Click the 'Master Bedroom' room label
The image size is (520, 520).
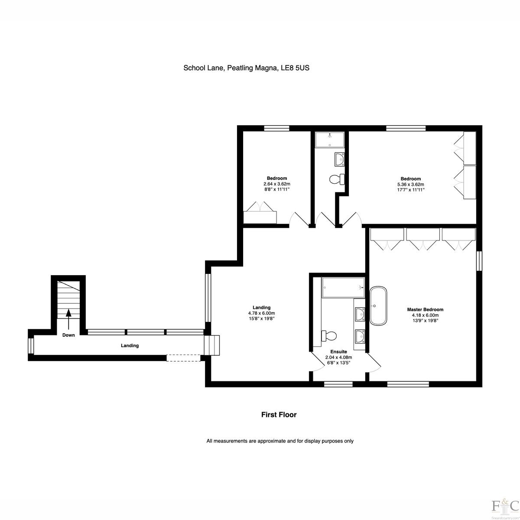425,309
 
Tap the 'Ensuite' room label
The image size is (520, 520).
339,351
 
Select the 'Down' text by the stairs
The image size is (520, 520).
68,335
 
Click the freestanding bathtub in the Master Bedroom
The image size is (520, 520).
378,305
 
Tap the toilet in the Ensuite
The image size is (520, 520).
328,336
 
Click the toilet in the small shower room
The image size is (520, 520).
337,179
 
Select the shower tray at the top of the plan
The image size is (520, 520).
330,140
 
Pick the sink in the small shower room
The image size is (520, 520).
339,159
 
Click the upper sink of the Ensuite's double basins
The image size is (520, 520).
360,314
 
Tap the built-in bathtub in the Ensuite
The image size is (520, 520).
343,288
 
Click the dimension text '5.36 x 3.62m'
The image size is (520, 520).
411,185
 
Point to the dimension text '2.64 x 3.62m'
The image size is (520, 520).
277,184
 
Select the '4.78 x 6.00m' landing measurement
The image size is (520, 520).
261,313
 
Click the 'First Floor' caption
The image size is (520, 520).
279,415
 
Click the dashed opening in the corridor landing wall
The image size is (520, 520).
183,358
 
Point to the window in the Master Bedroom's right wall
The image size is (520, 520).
479,261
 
